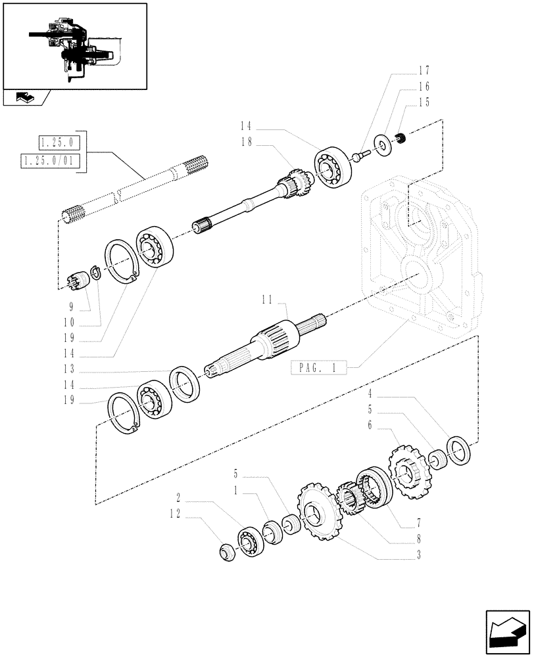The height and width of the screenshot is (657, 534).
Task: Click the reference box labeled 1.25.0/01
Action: pyautogui.click(x=50, y=161)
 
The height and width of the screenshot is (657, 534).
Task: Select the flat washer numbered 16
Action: pyautogui.click(x=380, y=144)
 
